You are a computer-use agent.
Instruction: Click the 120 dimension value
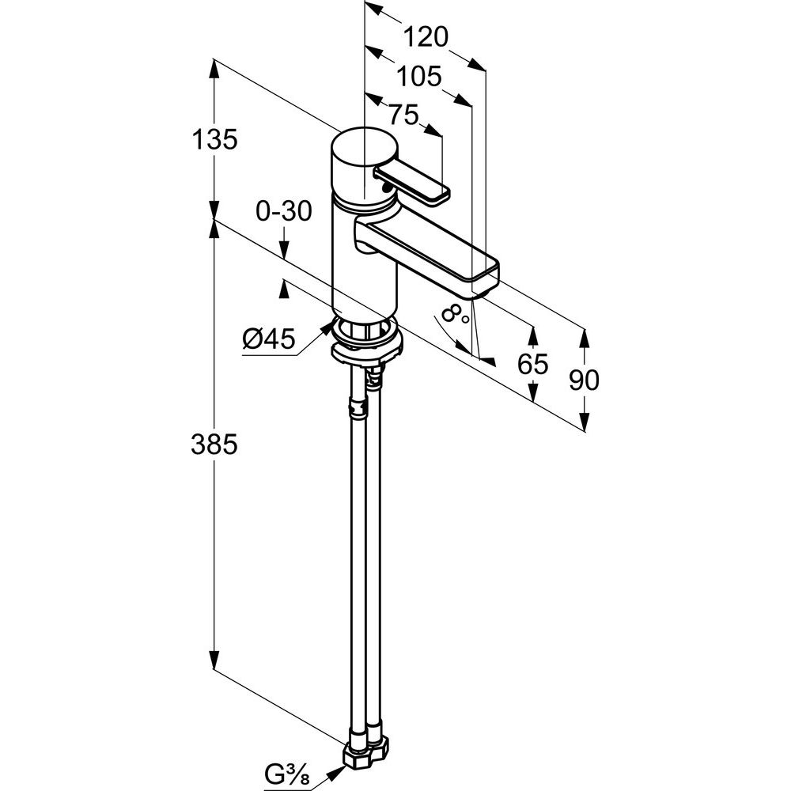click(426, 36)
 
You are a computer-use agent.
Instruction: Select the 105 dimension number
click(418, 76)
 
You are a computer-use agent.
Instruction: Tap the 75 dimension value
click(403, 115)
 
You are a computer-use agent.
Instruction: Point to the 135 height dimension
click(214, 140)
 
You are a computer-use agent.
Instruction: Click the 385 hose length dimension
click(214, 445)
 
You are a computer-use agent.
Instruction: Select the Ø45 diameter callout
click(268, 340)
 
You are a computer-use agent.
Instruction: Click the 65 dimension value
click(532, 364)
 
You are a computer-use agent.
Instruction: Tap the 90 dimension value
click(584, 380)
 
